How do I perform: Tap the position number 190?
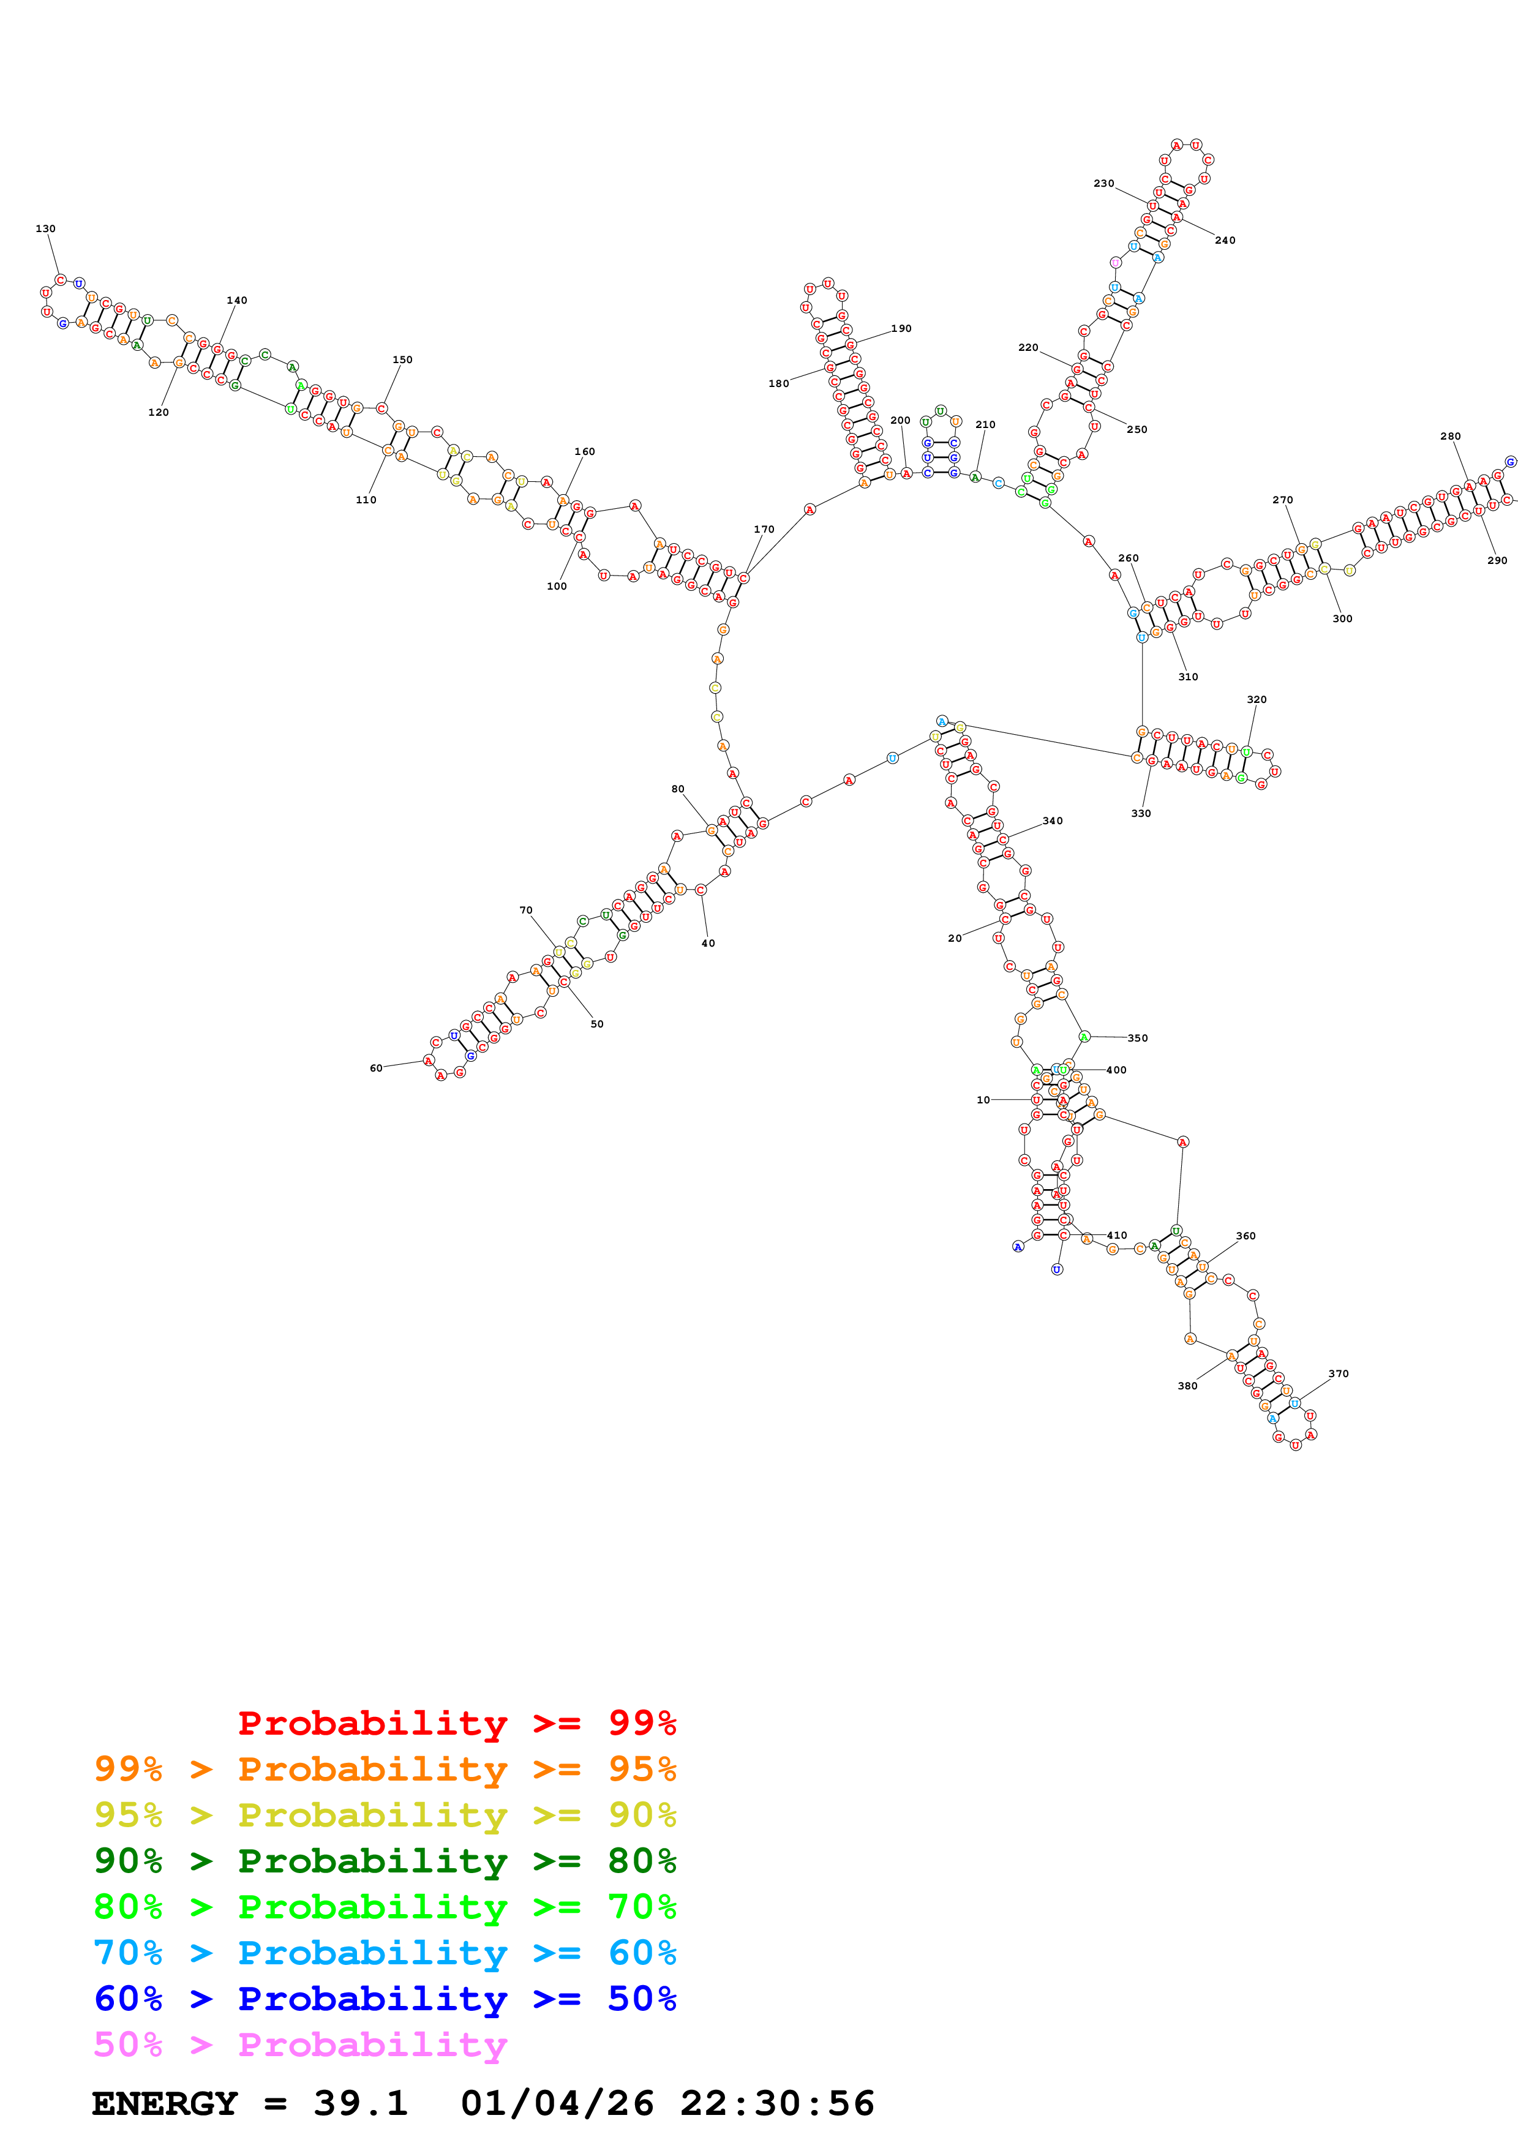[x=901, y=328]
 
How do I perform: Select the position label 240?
[x=1224, y=241]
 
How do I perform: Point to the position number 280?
[x=1449, y=436]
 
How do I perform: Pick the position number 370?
[x=1339, y=1373]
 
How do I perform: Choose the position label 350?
[x=1137, y=1037]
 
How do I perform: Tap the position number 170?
[x=764, y=530]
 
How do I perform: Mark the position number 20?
[x=954, y=938]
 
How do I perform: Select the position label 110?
[x=366, y=500]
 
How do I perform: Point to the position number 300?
[x=1342, y=618]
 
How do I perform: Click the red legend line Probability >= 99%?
[x=456, y=1722]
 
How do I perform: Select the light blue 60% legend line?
[x=385, y=1953]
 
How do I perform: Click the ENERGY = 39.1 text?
[x=250, y=2103]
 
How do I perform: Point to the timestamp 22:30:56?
[x=776, y=2103]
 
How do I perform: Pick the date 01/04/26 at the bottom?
[x=557, y=2103]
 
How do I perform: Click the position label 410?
[x=1117, y=1235]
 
